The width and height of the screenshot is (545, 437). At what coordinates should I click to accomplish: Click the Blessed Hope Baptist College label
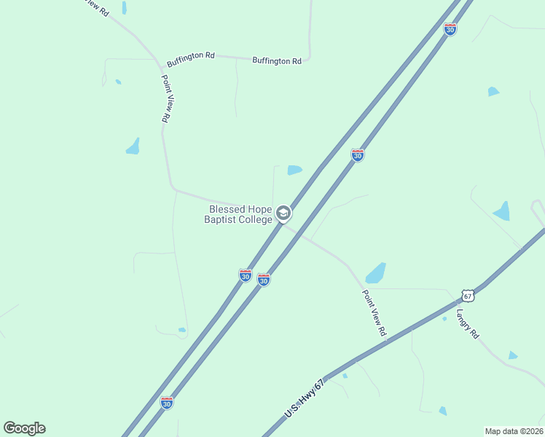point(240,214)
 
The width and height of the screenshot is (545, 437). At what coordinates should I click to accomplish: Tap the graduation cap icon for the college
point(283,214)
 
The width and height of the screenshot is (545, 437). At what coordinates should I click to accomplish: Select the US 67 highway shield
point(468,295)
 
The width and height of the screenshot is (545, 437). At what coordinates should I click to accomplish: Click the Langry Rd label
point(468,324)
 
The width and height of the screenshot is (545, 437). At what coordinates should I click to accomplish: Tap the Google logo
point(24,428)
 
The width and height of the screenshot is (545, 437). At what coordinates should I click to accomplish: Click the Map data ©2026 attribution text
point(514,431)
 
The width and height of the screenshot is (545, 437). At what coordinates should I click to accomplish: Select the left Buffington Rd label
point(191,55)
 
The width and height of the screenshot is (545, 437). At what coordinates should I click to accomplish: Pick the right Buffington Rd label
point(277,61)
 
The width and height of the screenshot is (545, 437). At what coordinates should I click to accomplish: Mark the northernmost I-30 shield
point(450,29)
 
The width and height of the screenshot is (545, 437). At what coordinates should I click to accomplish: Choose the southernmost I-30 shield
point(167,402)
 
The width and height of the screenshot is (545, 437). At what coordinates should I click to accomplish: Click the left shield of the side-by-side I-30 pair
point(245,275)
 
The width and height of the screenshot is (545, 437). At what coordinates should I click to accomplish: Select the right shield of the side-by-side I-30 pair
point(264,280)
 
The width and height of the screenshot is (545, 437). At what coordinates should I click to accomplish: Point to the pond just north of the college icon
point(294,170)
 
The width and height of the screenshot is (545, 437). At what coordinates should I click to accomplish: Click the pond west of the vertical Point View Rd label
point(133,146)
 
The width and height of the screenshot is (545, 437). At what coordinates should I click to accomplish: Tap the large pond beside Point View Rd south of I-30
point(375,273)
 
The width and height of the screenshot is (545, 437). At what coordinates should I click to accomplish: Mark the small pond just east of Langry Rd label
point(513,355)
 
